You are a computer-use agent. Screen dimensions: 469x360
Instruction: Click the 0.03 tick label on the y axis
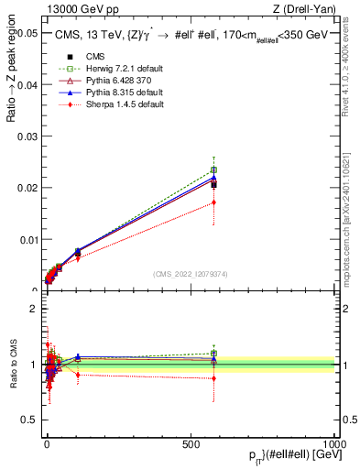click(x=25, y=136)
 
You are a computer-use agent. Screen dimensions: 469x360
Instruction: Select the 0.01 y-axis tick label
click(x=25, y=239)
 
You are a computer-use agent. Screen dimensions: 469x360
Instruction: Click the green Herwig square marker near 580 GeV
click(x=213, y=169)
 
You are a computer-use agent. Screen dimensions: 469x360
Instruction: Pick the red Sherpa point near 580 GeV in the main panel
click(x=213, y=202)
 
